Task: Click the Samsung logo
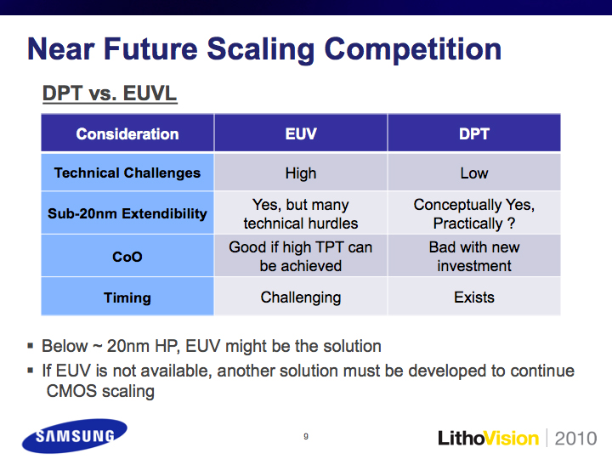click(x=75, y=436)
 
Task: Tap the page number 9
click(x=306, y=436)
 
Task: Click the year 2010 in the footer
click(x=575, y=439)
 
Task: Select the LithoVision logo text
click(x=488, y=439)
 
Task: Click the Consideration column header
click(x=127, y=134)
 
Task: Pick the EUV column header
click(x=301, y=134)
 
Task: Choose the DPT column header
click(x=474, y=134)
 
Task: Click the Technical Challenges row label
click(x=127, y=173)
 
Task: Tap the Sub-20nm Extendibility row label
click(x=127, y=213)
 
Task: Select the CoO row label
click(x=127, y=257)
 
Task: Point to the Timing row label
click(x=127, y=297)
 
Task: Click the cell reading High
click(x=301, y=173)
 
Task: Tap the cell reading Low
click(x=474, y=173)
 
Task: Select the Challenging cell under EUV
click(x=301, y=297)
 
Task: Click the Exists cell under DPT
click(x=474, y=297)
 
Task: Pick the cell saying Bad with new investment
click(x=474, y=257)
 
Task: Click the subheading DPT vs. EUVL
click(x=110, y=94)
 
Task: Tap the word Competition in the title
click(x=413, y=49)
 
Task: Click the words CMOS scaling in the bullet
click(x=100, y=392)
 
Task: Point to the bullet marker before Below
click(x=31, y=345)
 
